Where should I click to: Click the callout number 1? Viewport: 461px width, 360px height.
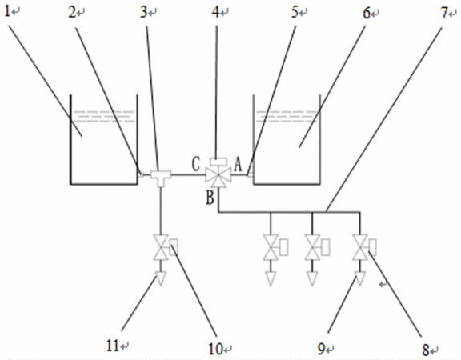(x=8, y=12)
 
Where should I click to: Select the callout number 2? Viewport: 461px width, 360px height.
(x=72, y=12)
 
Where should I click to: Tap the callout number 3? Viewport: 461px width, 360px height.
(x=144, y=12)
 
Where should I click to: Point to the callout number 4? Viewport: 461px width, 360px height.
(x=216, y=12)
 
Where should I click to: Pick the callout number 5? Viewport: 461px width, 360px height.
(x=295, y=12)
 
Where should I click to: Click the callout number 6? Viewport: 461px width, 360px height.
(x=367, y=13)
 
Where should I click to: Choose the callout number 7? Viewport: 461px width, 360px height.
(x=444, y=13)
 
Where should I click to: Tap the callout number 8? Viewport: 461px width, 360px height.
(x=426, y=350)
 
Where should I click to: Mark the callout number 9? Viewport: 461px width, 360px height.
(x=322, y=349)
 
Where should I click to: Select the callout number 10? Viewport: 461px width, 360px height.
(x=216, y=349)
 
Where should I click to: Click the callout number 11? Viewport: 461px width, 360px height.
(x=113, y=346)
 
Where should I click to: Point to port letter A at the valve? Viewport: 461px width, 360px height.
(x=238, y=164)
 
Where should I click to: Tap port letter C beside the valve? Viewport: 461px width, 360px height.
(x=196, y=164)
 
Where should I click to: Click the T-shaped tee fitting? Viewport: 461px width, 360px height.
(x=161, y=178)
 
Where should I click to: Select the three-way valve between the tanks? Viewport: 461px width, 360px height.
(x=218, y=177)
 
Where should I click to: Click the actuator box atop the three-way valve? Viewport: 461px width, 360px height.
(x=218, y=162)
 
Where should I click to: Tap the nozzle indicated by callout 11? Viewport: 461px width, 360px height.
(x=161, y=278)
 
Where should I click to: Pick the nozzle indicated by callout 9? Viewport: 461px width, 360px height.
(x=359, y=278)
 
